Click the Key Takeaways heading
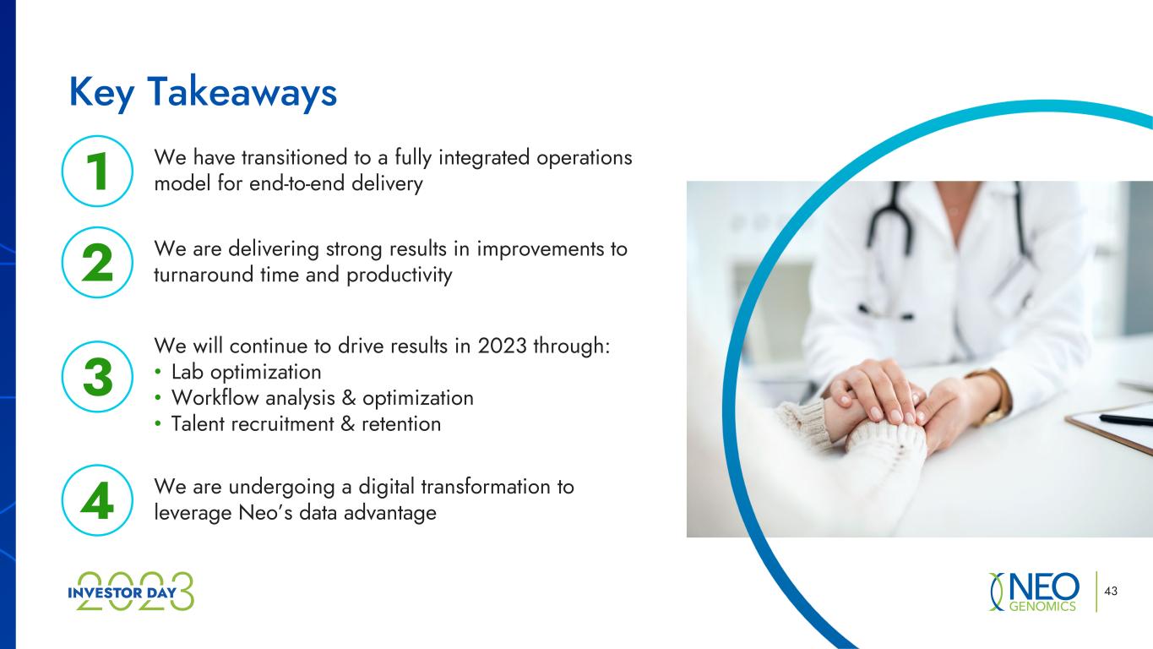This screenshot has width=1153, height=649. (x=203, y=93)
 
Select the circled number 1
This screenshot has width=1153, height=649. (x=97, y=171)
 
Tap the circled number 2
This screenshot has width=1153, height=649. (x=97, y=263)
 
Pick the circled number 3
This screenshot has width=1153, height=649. (x=97, y=377)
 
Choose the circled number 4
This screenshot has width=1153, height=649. (x=97, y=500)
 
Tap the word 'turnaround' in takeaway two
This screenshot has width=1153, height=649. (x=204, y=275)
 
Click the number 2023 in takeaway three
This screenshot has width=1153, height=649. (x=503, y=346)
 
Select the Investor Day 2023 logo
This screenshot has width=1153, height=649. (x=131, y=592)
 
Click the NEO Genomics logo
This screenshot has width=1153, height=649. (x=1034, y=592)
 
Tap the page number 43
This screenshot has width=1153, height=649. (x=1111, y=591)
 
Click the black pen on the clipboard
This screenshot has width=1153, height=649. (x=1125, y=419)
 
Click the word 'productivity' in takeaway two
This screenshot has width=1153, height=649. (x=400, y=275)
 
